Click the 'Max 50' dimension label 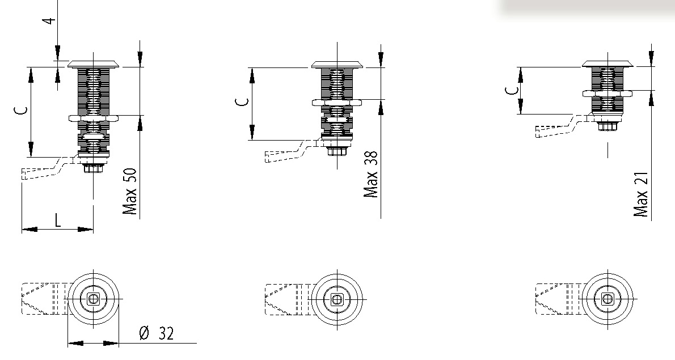(129, 192)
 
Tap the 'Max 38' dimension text (370, 173)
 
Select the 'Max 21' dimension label (641, 194)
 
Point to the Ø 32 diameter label (157, 333)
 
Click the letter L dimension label (57, 220)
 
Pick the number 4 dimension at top (50, 20)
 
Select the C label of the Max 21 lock (512, 90)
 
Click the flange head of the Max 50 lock (94, 65)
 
